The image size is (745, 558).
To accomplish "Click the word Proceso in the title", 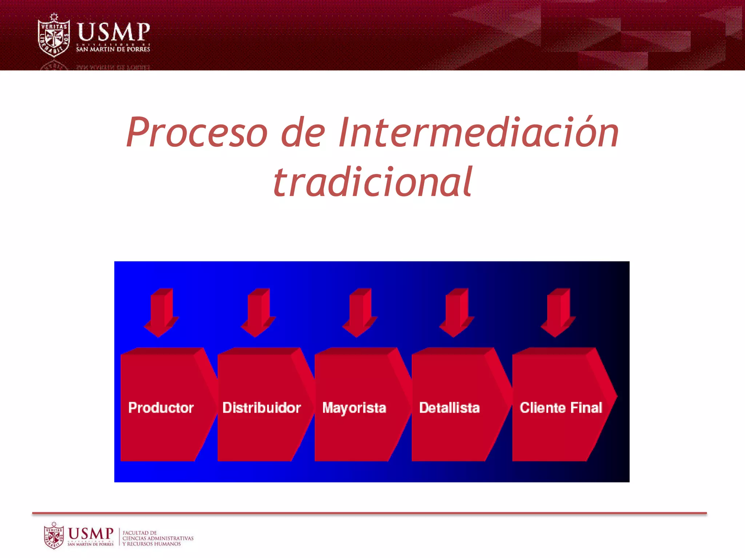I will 197,133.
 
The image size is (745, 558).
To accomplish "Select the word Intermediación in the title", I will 478,133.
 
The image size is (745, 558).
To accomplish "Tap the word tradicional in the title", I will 372,182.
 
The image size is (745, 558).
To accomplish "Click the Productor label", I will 161,408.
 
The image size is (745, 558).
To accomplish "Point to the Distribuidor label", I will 262,408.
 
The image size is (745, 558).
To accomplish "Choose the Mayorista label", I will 354,408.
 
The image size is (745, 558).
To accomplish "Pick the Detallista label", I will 449,408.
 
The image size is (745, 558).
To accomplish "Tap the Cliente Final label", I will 561,408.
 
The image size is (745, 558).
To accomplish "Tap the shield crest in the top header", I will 54,36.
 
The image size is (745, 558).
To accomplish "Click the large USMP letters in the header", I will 113,32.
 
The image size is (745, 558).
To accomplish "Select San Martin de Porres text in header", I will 113,49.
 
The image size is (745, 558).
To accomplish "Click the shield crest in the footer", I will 54,535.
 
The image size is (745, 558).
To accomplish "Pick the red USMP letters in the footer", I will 91,533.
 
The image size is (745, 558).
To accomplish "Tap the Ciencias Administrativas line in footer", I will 158,538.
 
